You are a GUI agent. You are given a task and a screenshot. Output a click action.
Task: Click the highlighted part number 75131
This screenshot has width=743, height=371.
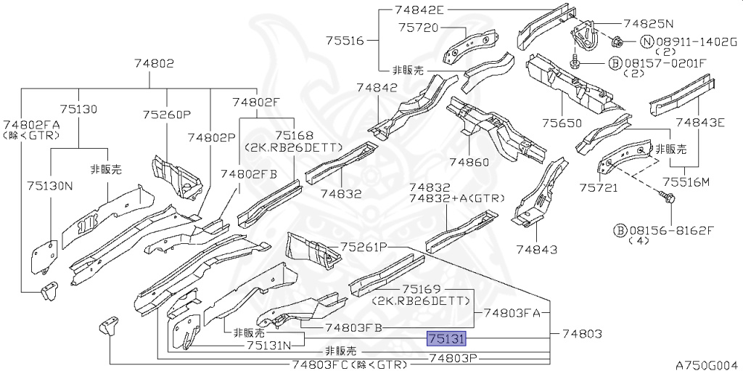(x=447, y=338)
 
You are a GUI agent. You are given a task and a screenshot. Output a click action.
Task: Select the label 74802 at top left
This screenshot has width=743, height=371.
(x=154, y=63)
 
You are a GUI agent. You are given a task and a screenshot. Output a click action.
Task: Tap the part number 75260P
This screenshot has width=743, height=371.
(x=167, y=115)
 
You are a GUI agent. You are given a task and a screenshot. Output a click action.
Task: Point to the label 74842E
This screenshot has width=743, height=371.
(x=418, y=9)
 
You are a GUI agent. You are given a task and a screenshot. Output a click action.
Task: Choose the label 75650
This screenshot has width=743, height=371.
(x=562, y=123)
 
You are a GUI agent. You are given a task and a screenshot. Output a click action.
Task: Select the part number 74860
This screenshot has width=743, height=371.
(x=469, y=162)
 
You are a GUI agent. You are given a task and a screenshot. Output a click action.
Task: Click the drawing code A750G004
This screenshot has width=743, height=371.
(x=708, y=365)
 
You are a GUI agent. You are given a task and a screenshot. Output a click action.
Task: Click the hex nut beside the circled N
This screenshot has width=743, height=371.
(x=617, y=43)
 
